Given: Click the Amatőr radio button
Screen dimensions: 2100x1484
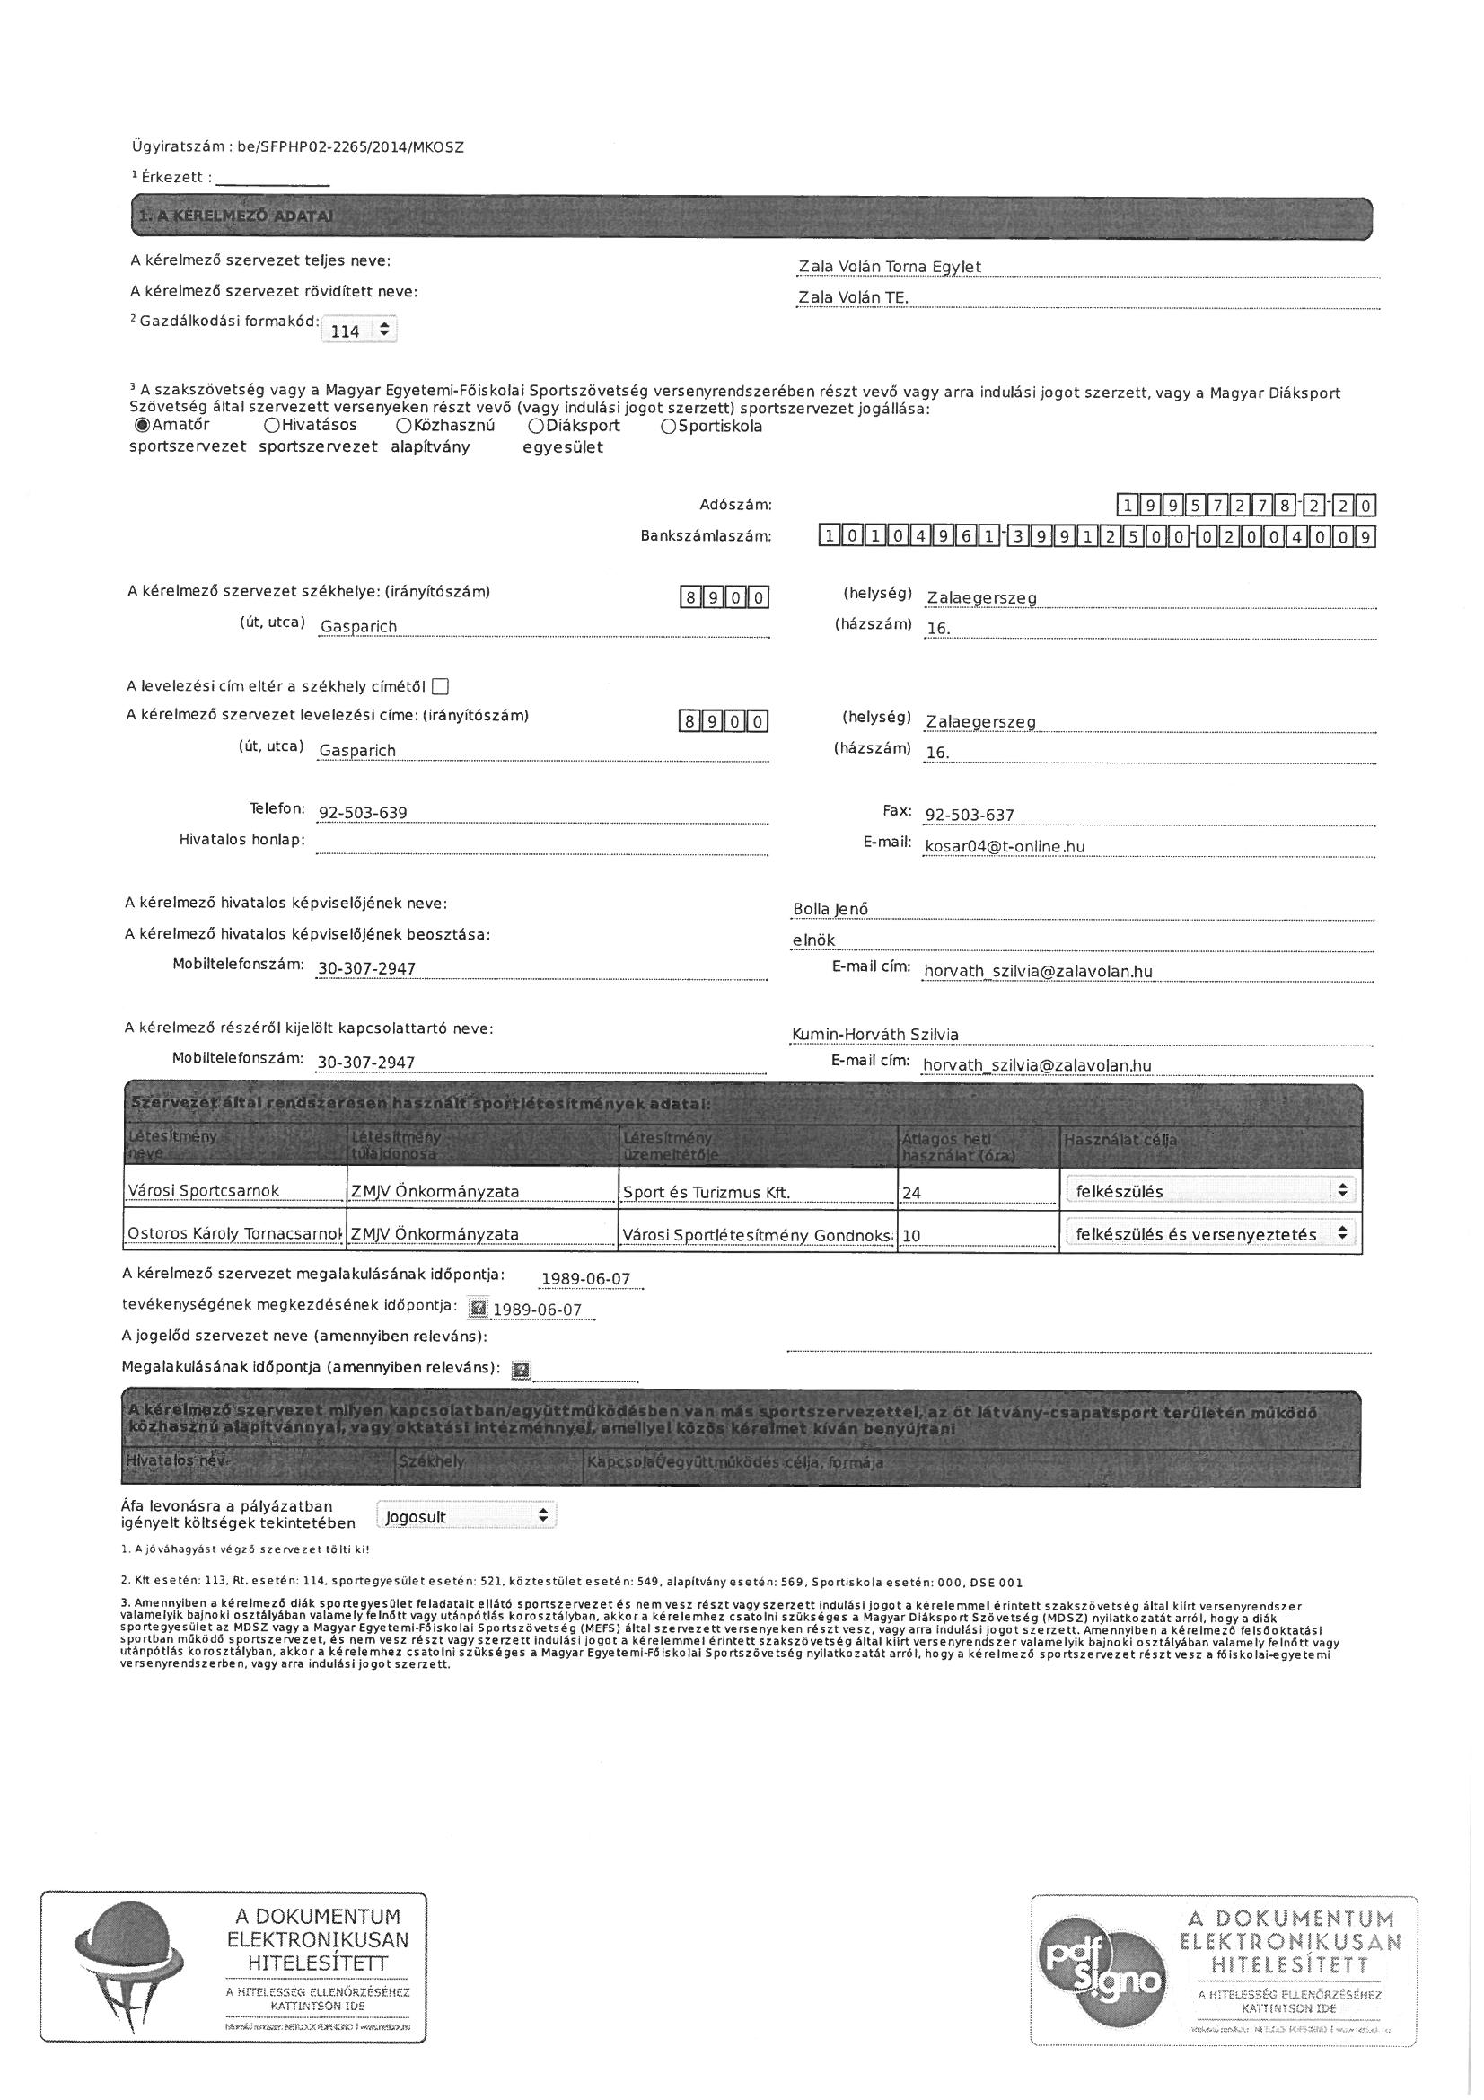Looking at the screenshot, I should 142,426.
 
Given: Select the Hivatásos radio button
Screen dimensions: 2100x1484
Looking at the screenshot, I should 271,426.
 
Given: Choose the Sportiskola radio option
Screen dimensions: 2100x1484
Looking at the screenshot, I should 669,427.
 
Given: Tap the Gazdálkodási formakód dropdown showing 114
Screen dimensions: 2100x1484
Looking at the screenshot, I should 358,331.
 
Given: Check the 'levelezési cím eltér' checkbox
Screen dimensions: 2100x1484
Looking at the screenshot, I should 441,686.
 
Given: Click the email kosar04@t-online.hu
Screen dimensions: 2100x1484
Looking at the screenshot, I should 1005,846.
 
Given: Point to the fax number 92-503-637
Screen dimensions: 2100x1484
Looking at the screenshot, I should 970,815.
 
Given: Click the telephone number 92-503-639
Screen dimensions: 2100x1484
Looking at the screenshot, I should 363,813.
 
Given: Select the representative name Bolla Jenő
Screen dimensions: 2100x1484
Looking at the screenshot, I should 830,909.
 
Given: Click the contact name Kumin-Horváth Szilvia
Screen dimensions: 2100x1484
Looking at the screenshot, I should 875,1034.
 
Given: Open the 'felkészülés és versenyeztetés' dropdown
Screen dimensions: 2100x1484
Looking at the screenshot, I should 1209,1234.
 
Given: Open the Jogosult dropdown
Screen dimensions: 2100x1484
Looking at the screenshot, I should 465,1516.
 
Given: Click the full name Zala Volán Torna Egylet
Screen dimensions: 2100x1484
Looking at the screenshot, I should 890,266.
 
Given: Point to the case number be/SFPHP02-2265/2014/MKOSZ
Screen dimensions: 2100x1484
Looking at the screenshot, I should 349,146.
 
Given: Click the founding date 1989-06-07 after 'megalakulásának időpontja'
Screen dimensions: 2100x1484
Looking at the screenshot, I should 586,1278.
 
